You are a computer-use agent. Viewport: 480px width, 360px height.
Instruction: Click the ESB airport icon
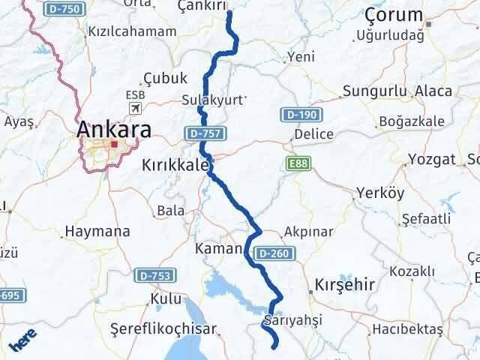tap(136, 109)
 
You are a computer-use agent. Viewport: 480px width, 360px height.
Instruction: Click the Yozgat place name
tap(432, 159)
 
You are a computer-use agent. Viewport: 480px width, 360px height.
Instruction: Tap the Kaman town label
tap(218, 247)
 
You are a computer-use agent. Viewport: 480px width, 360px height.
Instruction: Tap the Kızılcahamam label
tap(133, 31)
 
